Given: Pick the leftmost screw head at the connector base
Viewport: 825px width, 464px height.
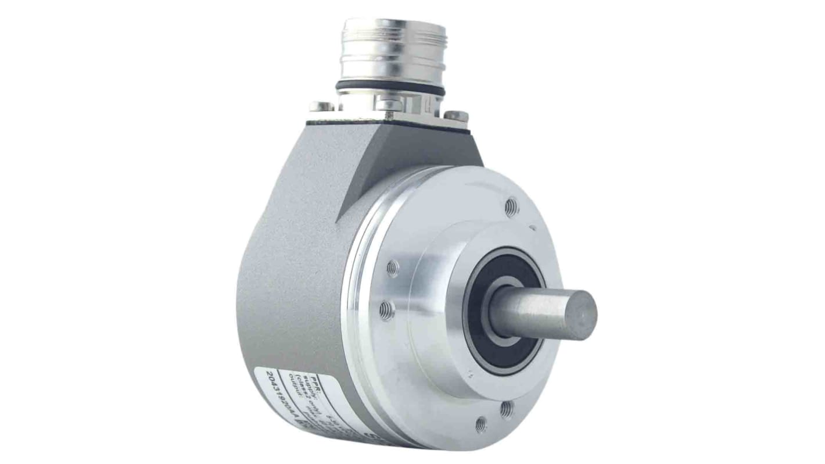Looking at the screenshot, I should tap(321, 106).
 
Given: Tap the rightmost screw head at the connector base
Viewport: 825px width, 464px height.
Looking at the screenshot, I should tap(456, 116).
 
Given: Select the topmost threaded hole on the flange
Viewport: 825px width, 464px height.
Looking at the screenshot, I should tap(511, 206).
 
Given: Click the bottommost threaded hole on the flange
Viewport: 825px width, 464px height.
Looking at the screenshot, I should tap(480, 424).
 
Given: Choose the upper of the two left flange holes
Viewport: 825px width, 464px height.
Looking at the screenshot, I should tap(392, 269).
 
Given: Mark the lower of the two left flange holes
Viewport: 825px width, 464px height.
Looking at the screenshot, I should tap(386, 311).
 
